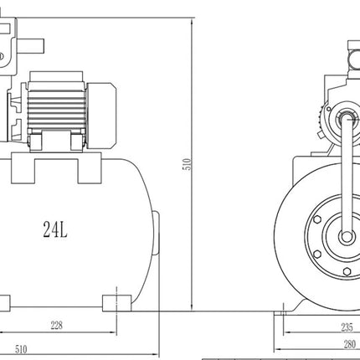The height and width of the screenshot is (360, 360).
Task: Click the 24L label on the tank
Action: coord(55,229)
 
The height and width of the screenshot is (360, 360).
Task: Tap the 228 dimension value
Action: coord(56,326)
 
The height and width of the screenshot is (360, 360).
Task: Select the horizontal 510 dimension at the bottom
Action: coord(21,349)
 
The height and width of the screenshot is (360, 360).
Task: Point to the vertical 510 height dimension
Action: coord(188,164)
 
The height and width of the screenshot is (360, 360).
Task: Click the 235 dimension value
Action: coord(347,327)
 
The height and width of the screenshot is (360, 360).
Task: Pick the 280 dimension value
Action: coord(350,345)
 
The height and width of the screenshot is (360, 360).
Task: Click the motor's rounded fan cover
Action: coord(101,116)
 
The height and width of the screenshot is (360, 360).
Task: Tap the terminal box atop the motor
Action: coord(56,76)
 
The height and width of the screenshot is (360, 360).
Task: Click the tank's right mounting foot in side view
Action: coord(116,303)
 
